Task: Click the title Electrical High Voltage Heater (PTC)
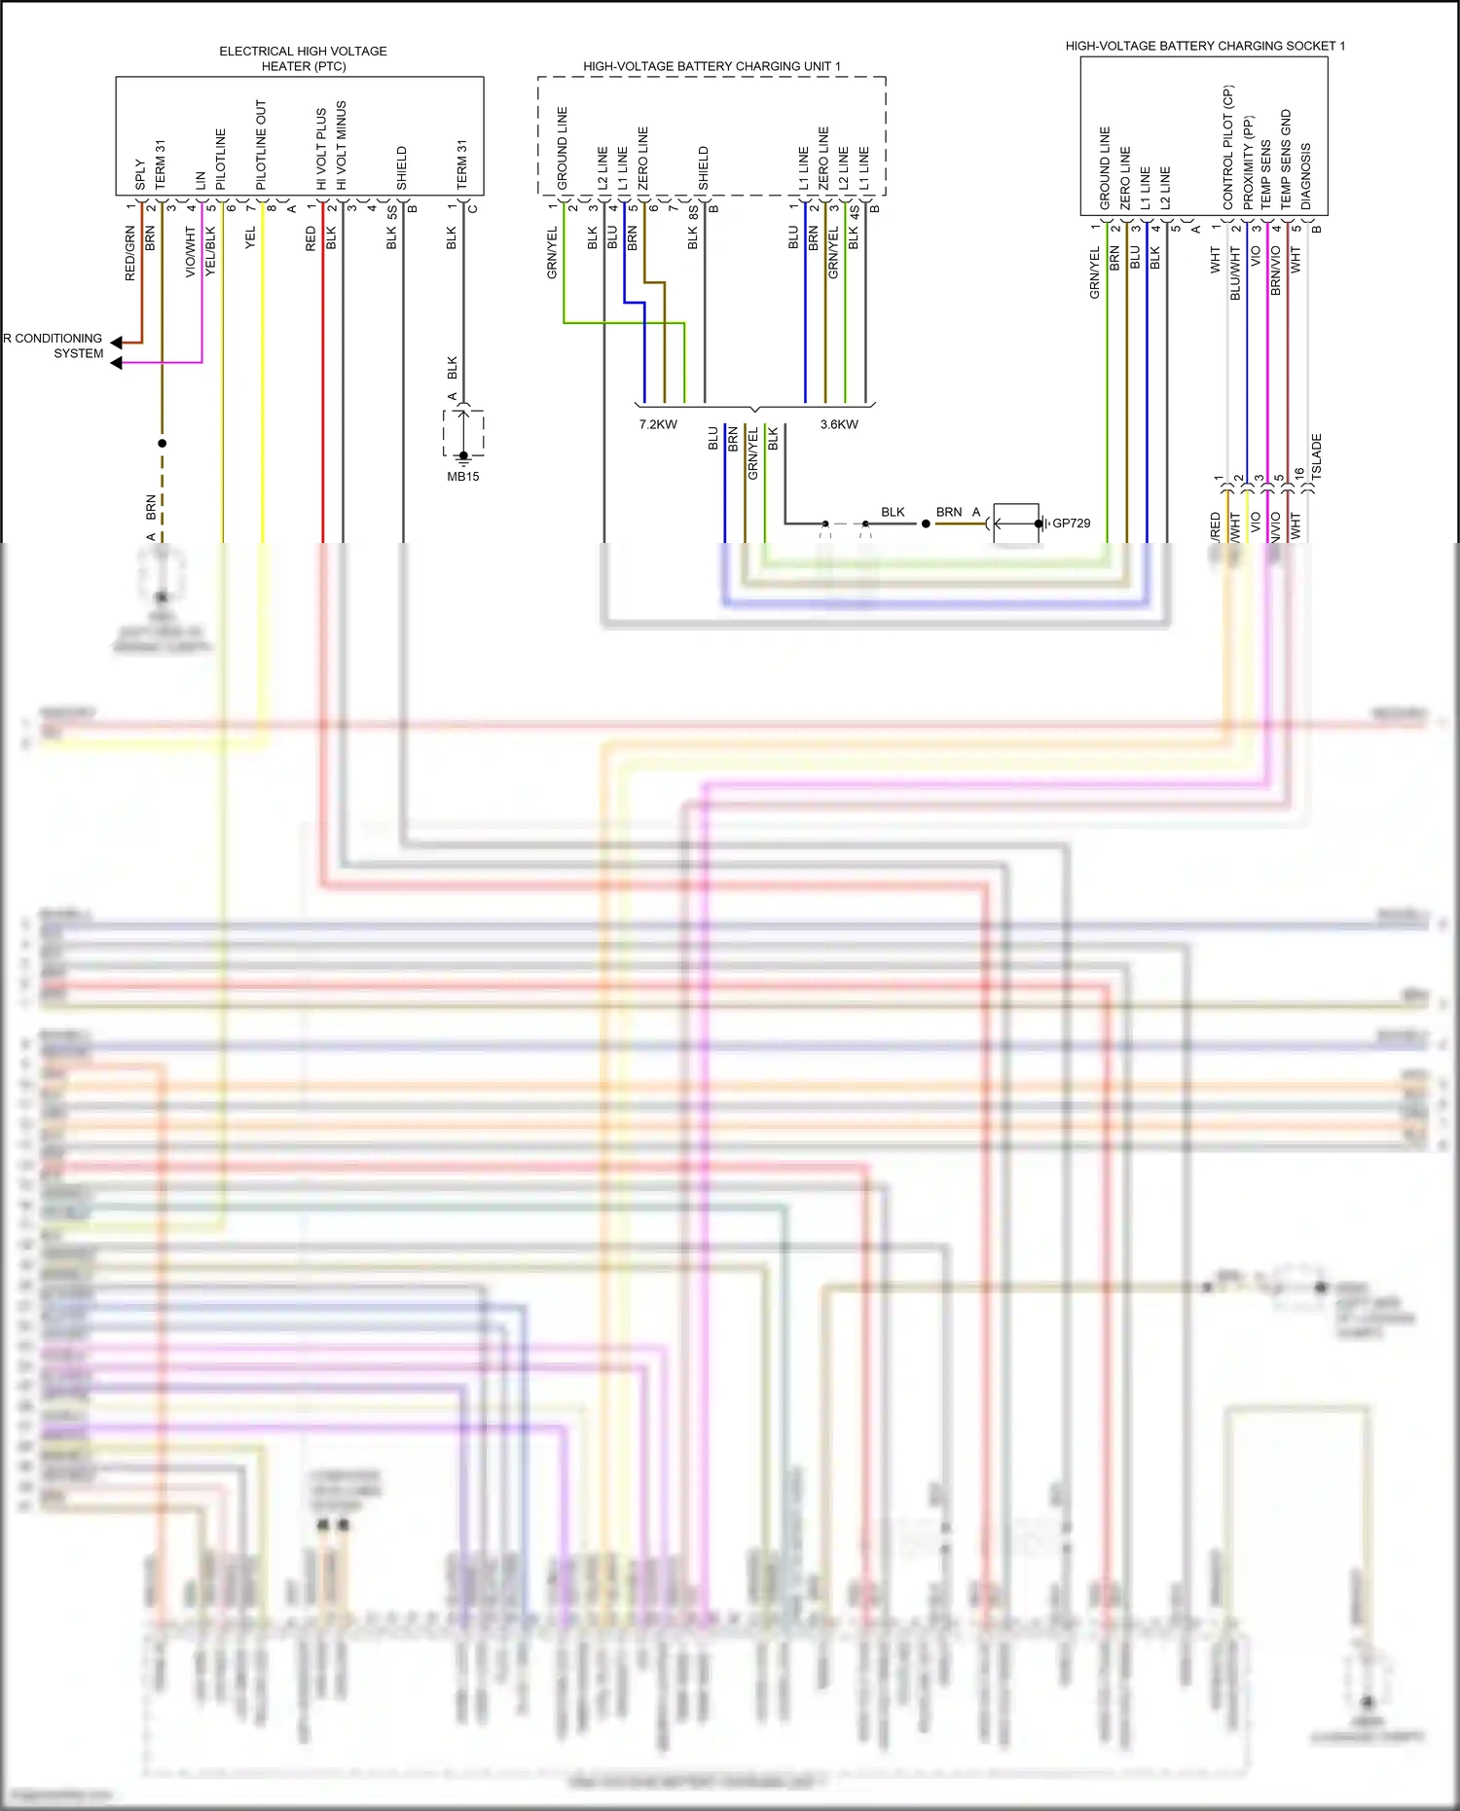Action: coord(303,58)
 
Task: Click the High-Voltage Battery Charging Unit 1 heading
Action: coord(712,66)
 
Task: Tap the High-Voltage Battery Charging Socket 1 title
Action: coord(1205,46)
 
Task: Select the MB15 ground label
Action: coord(463,477)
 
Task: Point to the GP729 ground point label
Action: coord(1072,524)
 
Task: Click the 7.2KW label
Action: coord(658,424)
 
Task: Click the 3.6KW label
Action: coord(839,424)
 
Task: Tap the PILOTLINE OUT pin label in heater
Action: coord(261,145)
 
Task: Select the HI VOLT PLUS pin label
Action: coord(321,149)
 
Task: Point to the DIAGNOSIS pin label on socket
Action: coord(1306,176)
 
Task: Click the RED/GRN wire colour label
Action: coord(130,254)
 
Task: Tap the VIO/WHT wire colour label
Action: coord(191,252)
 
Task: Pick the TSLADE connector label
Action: coord(1317,456)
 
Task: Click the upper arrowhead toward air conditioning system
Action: coord(117,343)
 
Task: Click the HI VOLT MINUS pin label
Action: coord(342,145)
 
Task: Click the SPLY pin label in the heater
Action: coord(140,175)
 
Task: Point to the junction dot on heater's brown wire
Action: coord(162,443)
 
